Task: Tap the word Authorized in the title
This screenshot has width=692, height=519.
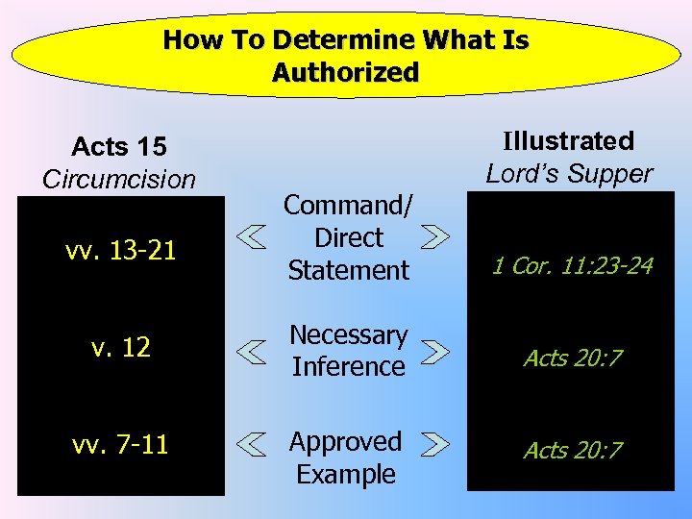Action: pyautogui.click(x=345, y=73)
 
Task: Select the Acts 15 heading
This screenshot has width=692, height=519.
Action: pyautogui.click(x=119, y=147)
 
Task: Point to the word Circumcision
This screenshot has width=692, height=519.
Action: pyautogui.click(x=119, y=179)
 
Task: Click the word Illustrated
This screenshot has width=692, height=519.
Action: pyautogui.click(x=569, y=141)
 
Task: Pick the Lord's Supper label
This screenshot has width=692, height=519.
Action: pyautogui.click(x=569, y=173)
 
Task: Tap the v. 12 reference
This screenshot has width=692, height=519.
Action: pyautogui.click(x=108, y=348)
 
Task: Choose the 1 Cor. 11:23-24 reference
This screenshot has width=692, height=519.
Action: pyautogui.click(x=572, y=265)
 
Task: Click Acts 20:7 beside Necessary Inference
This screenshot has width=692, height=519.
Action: pyautogui.click(x=573, y=358)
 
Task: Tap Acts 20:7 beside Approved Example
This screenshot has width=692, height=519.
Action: pyautogui.click(x=573, y=450)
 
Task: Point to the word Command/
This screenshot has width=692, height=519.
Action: pyautogui.click(x=348, y=206)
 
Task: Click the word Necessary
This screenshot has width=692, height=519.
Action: pyautogui.click(x=348, y=334)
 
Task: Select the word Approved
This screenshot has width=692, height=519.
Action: pyautogui.click(x=346, y=442)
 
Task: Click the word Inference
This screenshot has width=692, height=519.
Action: pyautogui.click(x=348, y=366)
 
